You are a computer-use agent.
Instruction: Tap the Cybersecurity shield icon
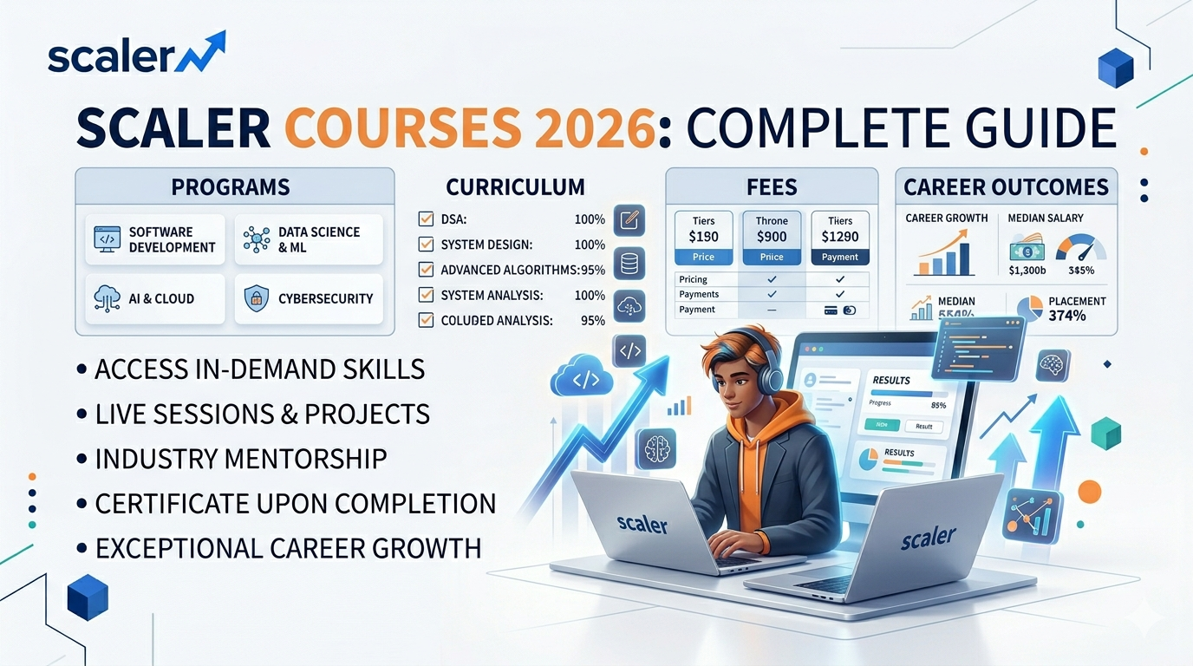[257, 299]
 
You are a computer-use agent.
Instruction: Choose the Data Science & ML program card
[309, 239]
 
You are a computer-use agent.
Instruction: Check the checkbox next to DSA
[426, 219]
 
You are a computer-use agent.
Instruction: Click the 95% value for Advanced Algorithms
[592, 270]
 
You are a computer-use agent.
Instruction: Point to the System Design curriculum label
[486, 245]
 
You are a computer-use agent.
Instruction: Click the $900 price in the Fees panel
[771, 236]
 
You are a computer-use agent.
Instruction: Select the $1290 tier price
[839, 236]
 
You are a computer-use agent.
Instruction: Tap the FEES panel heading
[771, 186]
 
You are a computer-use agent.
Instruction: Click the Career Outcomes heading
[1006, 186]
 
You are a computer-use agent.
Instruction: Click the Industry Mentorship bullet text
[241, 459]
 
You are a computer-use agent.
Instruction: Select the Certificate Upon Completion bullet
[295, 504]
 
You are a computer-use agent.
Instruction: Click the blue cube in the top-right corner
[1115, 68]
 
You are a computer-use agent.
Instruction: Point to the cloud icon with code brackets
[582, 380]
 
